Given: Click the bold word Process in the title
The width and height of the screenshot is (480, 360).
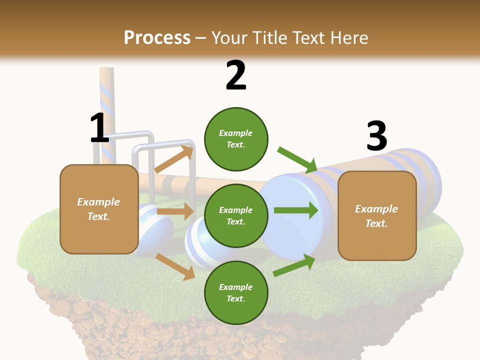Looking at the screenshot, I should (x=157, y=37).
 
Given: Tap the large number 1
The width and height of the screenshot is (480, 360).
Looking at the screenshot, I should (x=99, y=128).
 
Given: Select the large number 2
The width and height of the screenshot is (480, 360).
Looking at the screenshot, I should (x=236, y=75).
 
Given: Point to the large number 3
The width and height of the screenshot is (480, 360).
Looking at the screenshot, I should (x=376, y=136).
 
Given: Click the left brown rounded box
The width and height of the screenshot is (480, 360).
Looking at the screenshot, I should (x=99, y=209).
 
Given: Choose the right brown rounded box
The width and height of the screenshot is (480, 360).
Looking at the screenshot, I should (x=377, y=215).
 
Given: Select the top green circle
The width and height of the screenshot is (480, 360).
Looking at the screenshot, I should (x=236, y=139).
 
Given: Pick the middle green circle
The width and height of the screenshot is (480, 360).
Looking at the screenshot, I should (x=236, y=215).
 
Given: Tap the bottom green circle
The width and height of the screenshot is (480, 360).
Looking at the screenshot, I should (x=236, y=292).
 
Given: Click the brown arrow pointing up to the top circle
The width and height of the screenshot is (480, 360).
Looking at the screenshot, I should (x=174, y=159).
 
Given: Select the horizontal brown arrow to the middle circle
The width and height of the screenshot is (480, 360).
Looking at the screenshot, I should (x=175, y=211).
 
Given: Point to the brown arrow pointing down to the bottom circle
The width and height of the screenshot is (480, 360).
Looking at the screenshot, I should (x=175, y=265).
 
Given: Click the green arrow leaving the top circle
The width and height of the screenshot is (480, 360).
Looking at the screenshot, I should (x=297, y=159).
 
